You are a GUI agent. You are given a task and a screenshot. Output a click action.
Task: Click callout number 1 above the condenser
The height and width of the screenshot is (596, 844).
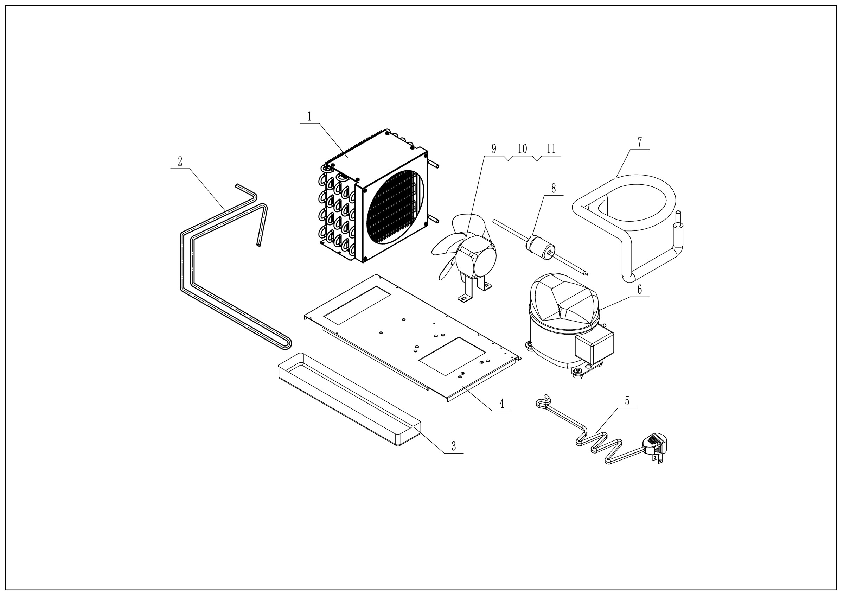309,116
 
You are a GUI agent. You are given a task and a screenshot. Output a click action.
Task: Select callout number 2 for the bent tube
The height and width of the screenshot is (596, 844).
180,161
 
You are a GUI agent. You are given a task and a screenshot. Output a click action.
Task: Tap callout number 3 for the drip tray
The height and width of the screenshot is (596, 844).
454,446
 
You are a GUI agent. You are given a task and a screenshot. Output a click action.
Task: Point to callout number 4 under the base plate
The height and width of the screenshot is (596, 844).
501,404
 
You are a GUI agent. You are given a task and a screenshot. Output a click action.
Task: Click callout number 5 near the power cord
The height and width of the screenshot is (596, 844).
627,401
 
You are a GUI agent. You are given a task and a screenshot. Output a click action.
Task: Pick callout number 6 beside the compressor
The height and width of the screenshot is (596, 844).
640,289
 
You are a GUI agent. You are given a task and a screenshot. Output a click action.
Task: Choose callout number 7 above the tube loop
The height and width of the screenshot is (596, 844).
640,142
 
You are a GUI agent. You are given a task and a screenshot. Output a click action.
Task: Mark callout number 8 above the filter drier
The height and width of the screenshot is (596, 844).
554,188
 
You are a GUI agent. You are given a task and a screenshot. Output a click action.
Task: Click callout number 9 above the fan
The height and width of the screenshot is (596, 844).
494,148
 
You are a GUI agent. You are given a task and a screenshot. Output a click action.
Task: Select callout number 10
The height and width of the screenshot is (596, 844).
522,148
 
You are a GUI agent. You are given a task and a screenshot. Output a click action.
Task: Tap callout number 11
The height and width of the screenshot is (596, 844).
551,148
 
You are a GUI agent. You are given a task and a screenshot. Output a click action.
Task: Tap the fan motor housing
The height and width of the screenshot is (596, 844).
477,258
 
